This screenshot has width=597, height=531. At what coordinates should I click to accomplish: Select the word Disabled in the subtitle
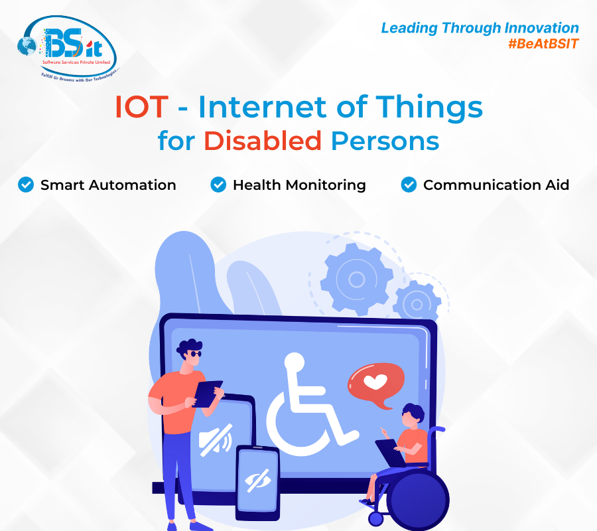click(263, 141)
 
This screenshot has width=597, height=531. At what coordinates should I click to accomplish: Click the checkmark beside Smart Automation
click(26, 185)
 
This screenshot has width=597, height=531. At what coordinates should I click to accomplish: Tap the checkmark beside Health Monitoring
click(218, 185)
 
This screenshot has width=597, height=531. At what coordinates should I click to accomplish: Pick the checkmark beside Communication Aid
click(409, 185)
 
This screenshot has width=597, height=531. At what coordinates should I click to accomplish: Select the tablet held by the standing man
click(208, 393)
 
